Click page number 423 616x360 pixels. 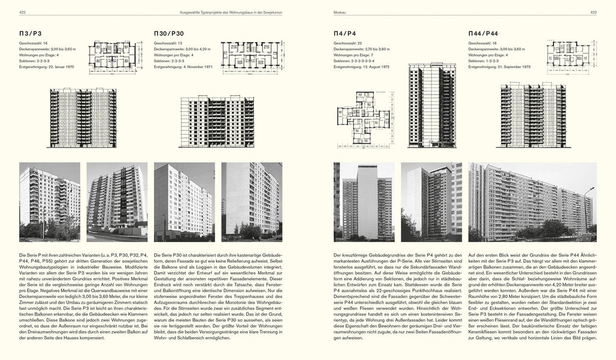pos(592,11)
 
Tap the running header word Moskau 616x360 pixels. pos(340,11)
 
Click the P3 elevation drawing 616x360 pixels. pos(82,117)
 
